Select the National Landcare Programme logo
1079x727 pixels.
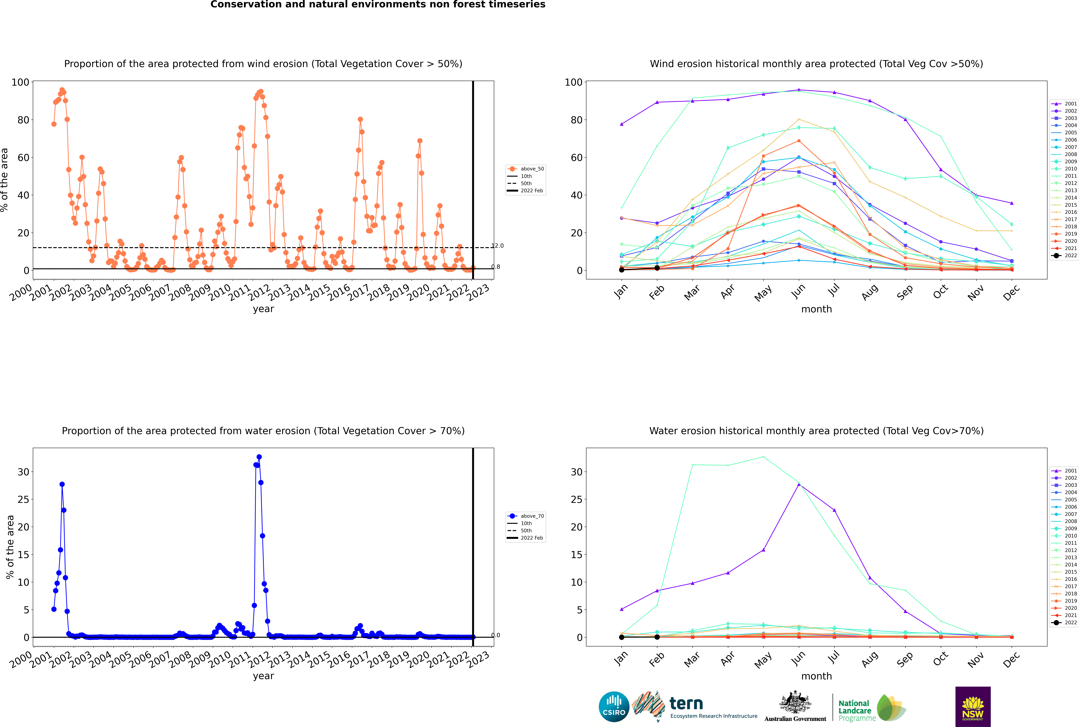pyautogui.click(x=872, y=708)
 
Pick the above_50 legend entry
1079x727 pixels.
pyautogui.click(x=526, y=169)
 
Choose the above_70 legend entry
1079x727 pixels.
pyautogui.click(x=526, y=516)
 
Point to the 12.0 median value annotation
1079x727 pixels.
pyautogui.click(x=497, y=246)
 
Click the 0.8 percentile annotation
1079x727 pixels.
pyautogui.click(x=496, y=267)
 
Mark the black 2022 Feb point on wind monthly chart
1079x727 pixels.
pyautogui.click(x=657, y=268)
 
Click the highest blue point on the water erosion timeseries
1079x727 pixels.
pyautogui.click(x=259, y=457)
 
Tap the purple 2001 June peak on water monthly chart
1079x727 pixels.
pyautogui.click(x=799, y=484)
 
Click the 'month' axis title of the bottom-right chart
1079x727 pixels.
pyautogui.click(x=816, y=676)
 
